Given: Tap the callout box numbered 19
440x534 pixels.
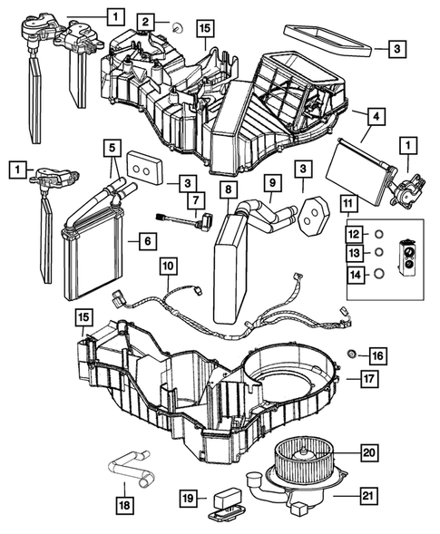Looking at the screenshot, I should [186, 497].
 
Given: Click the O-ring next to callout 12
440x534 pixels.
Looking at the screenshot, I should [380, 233].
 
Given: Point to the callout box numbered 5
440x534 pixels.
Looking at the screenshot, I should [112, 146].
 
